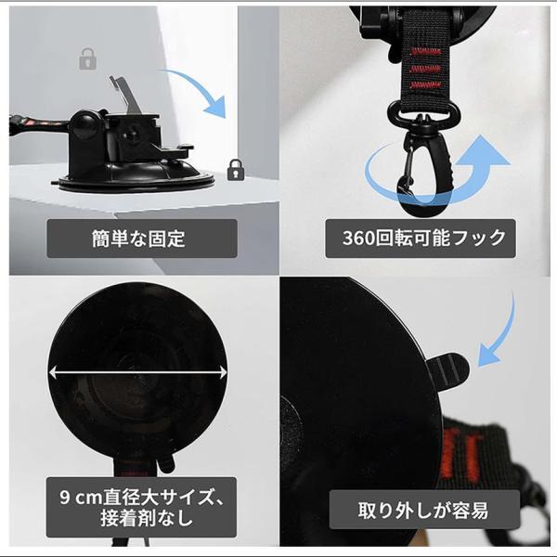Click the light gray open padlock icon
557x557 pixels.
(87, 59)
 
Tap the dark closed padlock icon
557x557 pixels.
(235, 170)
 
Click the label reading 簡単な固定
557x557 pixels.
(138, 239)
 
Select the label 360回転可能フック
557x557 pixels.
(424, 238)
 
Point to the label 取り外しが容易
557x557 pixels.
(423, 510)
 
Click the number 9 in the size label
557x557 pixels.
(65, 498)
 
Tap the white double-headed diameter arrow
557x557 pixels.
(137, 372)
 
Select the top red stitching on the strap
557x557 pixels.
(425, 52)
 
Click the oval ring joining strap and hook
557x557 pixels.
(424, 111)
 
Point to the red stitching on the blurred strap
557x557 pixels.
(460, 455)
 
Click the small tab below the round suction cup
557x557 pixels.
(166, 461)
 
